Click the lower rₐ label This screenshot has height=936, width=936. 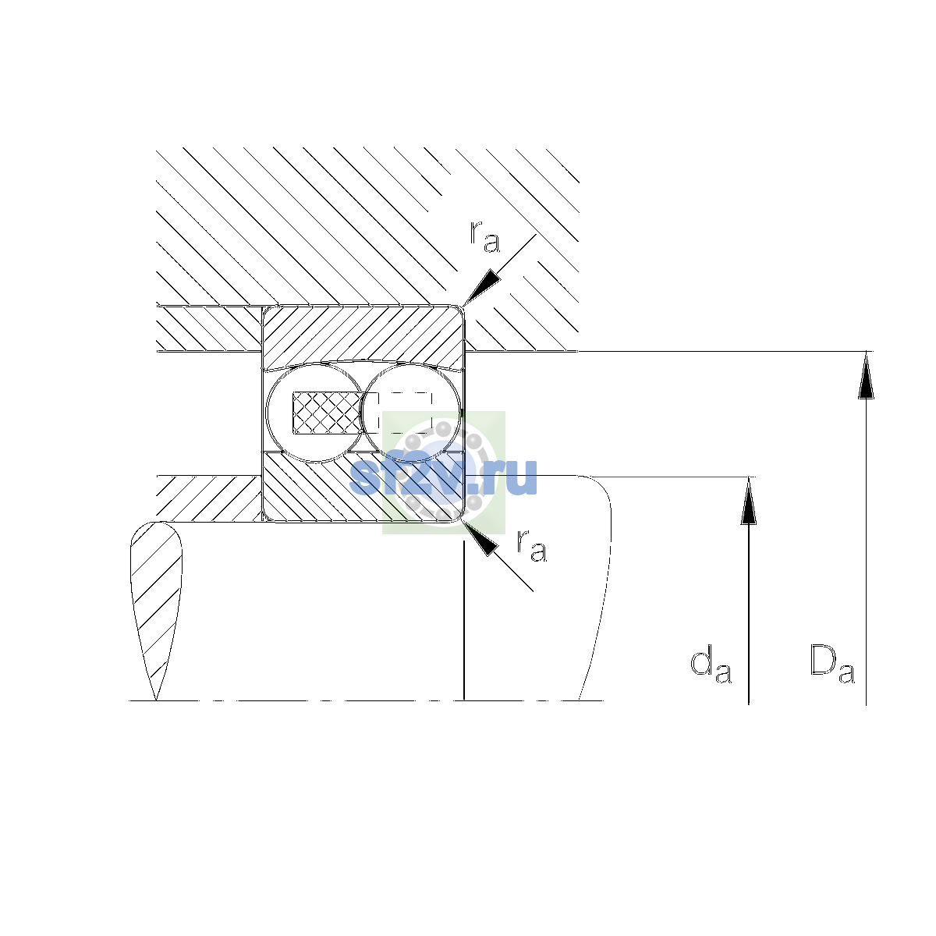pos(531,545)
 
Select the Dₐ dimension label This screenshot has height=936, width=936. pos(832,664)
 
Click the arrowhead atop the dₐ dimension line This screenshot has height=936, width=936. pos(749,501)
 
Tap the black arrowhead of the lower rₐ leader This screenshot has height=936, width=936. pos(481,539)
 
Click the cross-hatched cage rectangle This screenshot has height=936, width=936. pos(328,413)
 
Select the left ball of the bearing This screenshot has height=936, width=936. pos(315,413)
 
